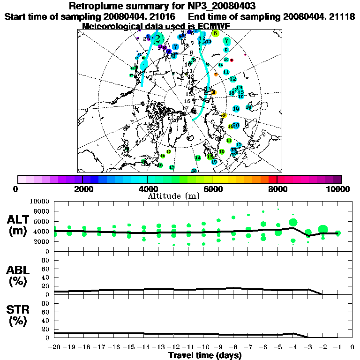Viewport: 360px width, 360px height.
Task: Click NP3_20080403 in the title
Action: pos(229,6)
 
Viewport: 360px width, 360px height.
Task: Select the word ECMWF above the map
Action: pos(214,26)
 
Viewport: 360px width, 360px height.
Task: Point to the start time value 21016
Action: pos(158,16)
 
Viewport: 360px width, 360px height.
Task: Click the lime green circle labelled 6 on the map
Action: pos(215,33)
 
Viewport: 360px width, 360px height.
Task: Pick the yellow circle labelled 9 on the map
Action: pos(224,115)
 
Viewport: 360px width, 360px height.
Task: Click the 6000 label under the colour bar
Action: pos(212,189)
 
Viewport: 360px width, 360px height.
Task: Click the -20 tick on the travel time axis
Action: pos(54,347)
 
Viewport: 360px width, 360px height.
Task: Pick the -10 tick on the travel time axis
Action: pos(203,347)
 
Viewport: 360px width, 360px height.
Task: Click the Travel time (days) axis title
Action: pos(205,356)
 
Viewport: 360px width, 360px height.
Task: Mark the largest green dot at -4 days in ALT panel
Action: pos(293,222)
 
